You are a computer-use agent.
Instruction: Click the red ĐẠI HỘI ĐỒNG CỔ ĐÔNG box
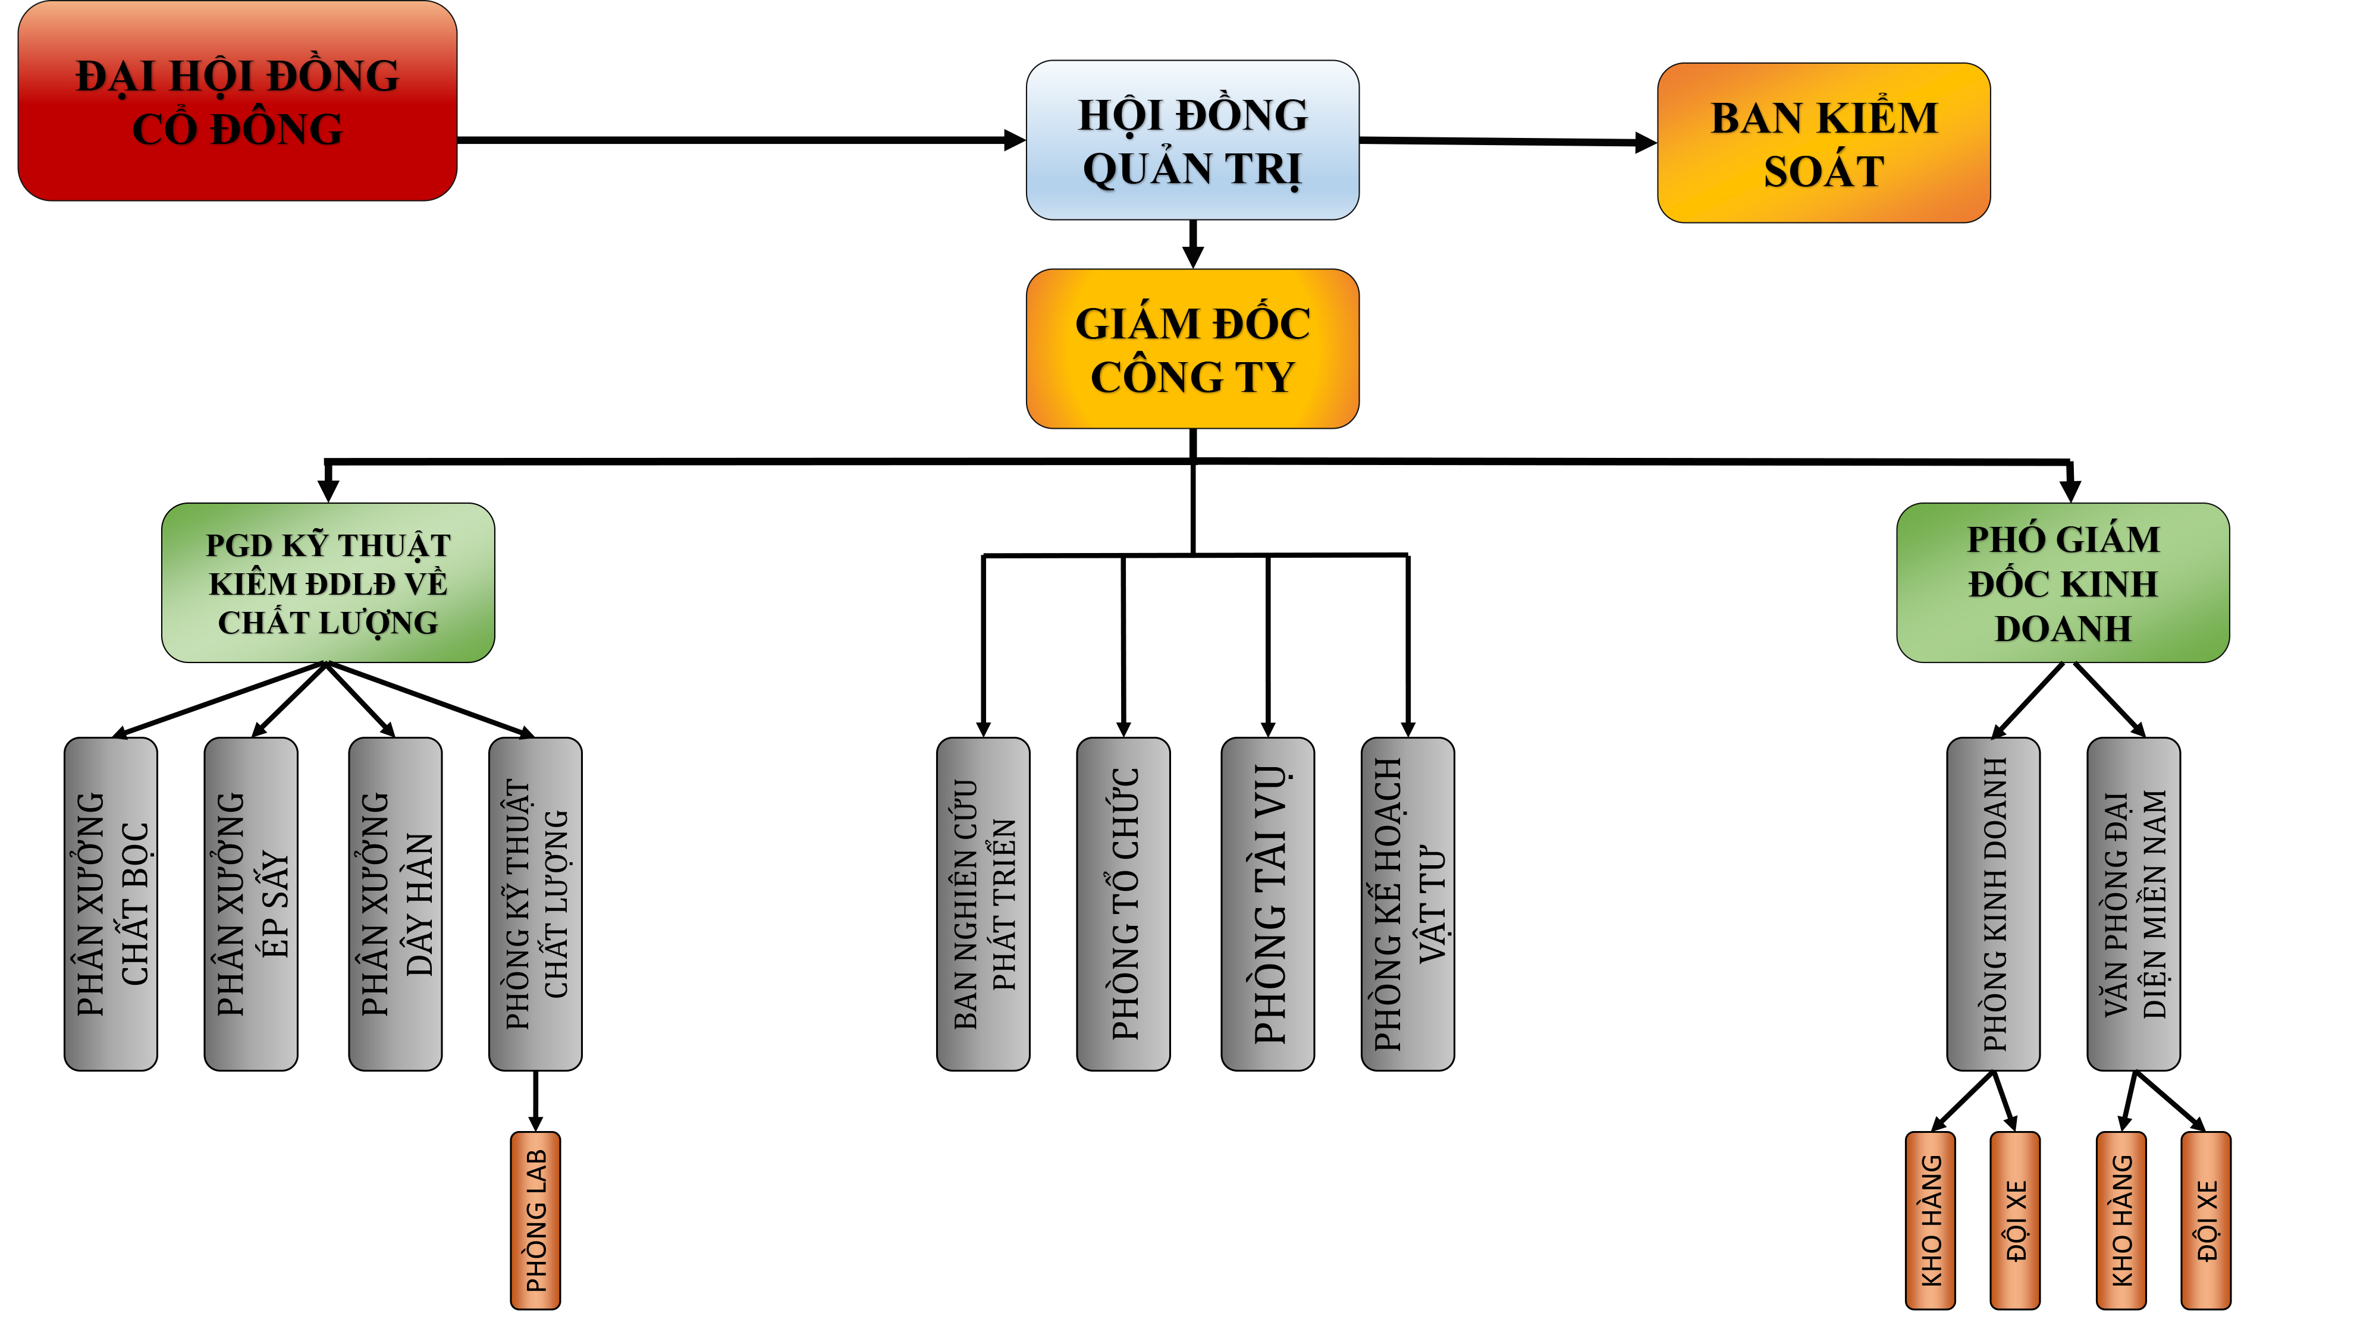[237, 102]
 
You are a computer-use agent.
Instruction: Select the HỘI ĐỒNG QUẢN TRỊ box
[1192, 140]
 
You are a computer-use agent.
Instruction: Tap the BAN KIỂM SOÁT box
[1823, 143]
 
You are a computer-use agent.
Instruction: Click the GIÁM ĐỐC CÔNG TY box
[1192, 349]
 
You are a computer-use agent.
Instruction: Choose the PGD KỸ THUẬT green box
[328, 583]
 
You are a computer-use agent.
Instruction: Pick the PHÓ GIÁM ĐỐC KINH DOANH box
[2062, 583]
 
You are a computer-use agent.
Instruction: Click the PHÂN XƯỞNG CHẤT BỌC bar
[111, 903]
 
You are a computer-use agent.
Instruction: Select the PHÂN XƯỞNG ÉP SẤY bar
[251, 903]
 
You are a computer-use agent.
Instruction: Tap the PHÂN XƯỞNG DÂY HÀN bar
[396, 903]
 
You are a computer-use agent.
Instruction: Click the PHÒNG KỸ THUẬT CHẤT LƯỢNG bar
[536, 903]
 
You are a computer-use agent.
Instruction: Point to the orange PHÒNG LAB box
[536, 1220]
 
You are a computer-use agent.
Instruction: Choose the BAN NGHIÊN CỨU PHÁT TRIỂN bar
[984, 903]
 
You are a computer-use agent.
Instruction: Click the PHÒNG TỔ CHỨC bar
[1124, 903]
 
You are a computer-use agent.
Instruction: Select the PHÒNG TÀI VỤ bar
[1268, 903]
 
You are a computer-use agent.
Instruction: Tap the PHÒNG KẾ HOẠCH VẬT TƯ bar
[1408, 903]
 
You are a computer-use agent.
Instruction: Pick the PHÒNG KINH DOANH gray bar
[1993, 903]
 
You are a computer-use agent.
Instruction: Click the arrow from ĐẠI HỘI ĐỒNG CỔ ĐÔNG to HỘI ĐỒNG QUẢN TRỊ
[739, 140]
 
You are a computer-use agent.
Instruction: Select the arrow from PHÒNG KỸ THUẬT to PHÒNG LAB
[536, 1101]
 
